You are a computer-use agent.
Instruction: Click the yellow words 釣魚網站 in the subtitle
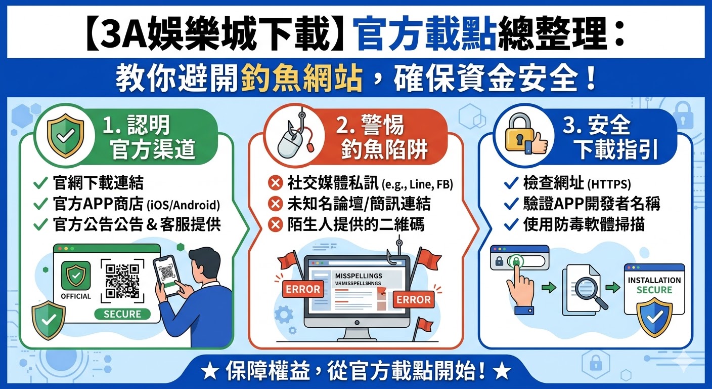pyautogui.click(x=302, y=79)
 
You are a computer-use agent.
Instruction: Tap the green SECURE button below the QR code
pyautogui.click(x=122, y=314)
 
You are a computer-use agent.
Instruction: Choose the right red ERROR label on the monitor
pyautogui.click(x=413, y=299)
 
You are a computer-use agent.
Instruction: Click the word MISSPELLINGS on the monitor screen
pyautogui.click(x=359, y=275)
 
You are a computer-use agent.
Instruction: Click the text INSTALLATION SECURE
pyautogui.click(x=654, y=285)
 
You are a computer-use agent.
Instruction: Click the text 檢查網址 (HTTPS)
pyautogui.click(x=577, y=184)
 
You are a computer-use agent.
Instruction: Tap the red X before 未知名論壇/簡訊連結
pyautogui.click(x=276, y=204)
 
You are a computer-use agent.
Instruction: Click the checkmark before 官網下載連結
pyautogui.click(x=40, y=183)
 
